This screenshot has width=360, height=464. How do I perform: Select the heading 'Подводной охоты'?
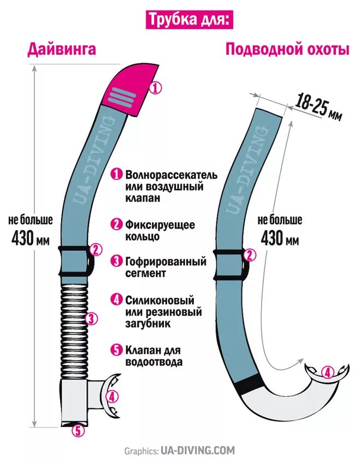pos(287,50)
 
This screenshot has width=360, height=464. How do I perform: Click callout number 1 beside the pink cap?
pos(156,88)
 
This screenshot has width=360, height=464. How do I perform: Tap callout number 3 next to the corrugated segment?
pos(92,319)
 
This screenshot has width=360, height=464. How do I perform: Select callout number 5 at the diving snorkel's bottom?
pos(79,431)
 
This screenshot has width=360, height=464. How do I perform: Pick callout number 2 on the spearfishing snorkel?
pos(250,255)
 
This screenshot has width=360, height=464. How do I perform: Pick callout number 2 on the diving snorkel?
pos(96,250)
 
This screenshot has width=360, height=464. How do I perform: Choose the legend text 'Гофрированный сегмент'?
pos(165,267)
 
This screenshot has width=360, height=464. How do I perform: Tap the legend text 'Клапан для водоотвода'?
pos(153,355)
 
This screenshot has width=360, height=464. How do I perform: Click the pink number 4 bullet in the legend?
pos(116,299)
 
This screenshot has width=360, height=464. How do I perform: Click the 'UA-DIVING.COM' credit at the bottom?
pos(197,451)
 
